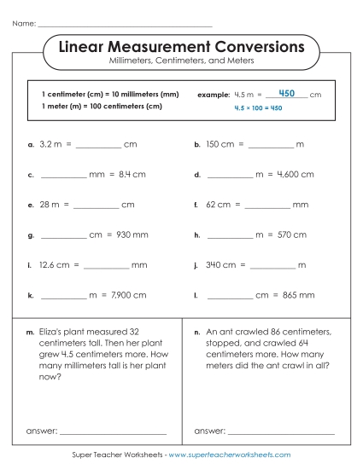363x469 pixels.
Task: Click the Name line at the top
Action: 124,24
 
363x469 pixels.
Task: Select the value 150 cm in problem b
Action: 219,145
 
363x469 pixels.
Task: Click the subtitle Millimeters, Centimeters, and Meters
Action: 181,61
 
